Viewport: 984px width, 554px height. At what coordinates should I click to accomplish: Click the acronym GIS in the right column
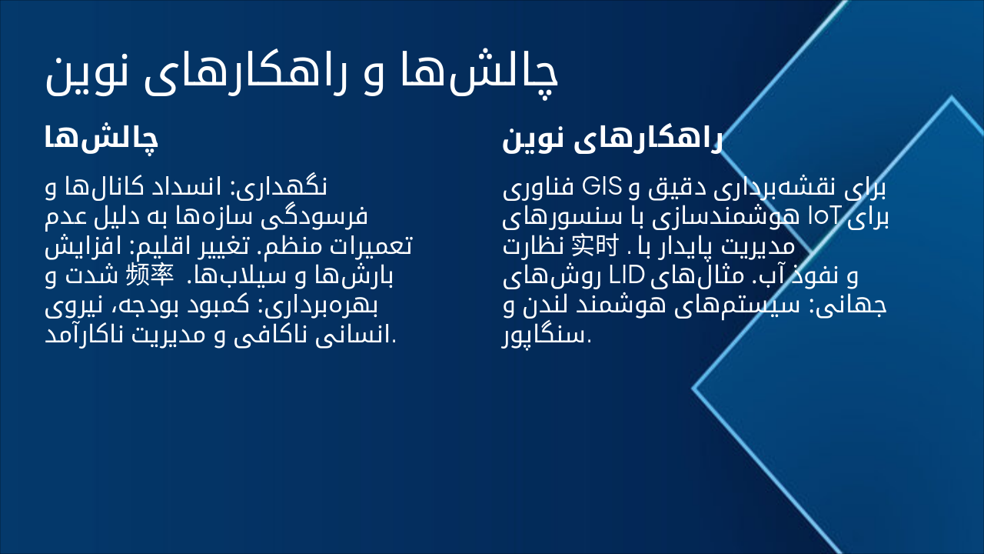tap(602, 187)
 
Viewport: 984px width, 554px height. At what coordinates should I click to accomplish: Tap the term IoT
tap(828, 217)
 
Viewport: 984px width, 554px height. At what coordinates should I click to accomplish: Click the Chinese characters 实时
tap(595, 246)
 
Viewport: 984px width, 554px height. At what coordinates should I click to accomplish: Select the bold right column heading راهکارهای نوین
tap(612, 140)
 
